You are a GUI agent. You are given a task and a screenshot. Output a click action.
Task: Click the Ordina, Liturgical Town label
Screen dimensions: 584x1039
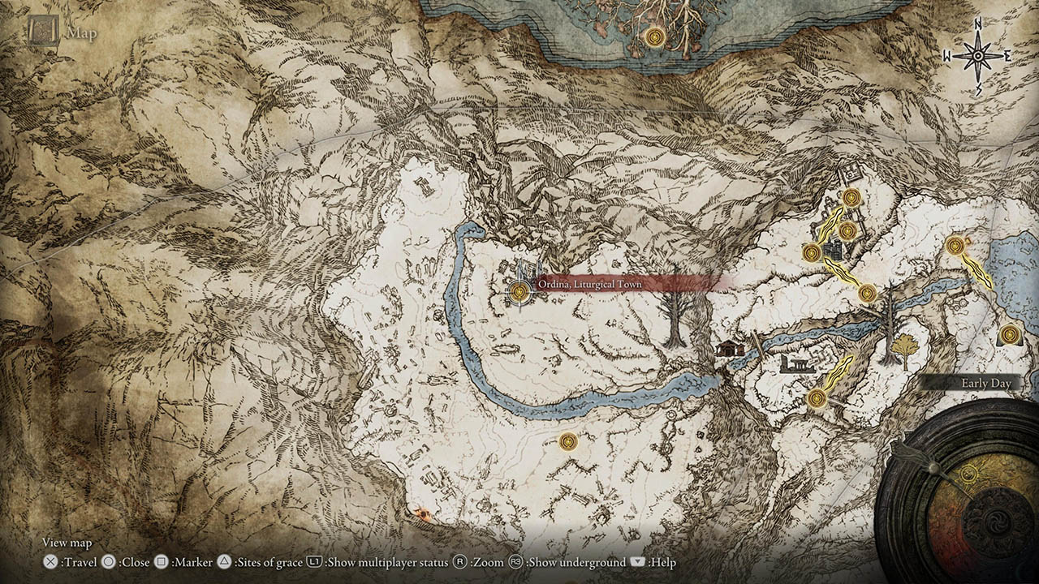[589, 285]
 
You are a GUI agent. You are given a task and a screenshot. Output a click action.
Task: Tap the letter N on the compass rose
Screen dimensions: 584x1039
[978, 25]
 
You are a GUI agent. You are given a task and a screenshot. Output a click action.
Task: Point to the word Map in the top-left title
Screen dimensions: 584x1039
[81, 33]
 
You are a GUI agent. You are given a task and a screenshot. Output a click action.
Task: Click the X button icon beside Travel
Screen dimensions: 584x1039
[50, 562]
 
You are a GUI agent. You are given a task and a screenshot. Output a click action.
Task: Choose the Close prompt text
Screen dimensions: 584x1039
[133, 562]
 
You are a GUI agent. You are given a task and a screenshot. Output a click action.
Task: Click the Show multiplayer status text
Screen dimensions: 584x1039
[388, 562]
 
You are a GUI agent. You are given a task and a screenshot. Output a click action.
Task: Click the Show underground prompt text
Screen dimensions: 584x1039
[576, 562]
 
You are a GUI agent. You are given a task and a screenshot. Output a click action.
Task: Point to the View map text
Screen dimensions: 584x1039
[67, 543]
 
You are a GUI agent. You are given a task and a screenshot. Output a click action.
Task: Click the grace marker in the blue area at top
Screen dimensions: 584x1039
[654, 36]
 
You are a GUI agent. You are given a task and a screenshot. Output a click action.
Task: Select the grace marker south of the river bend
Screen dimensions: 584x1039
[568, 441]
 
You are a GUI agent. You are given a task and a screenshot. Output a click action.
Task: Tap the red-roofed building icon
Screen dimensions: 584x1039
[730, 348]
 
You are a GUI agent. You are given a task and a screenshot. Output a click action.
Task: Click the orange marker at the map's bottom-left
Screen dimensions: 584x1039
[421, 513]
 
